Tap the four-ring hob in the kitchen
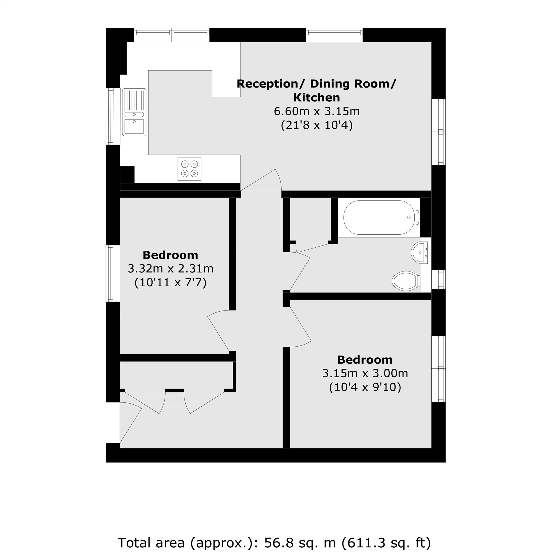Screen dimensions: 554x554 [189, 169]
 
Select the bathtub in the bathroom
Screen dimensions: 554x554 [378, 217]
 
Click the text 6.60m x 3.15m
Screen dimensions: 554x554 [317, 111]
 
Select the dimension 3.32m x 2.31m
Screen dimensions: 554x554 [170, 269]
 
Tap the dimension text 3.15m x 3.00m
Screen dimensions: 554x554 [365, 373]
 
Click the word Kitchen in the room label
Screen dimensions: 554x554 [317, 98]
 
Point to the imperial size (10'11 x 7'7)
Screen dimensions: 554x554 [170, 283]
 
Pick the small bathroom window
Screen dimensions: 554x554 [439, 279]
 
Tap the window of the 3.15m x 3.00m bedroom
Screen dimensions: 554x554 [439, 368]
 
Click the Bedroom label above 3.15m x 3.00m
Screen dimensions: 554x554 [365, 360]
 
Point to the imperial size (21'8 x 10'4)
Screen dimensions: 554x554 [317, 125]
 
